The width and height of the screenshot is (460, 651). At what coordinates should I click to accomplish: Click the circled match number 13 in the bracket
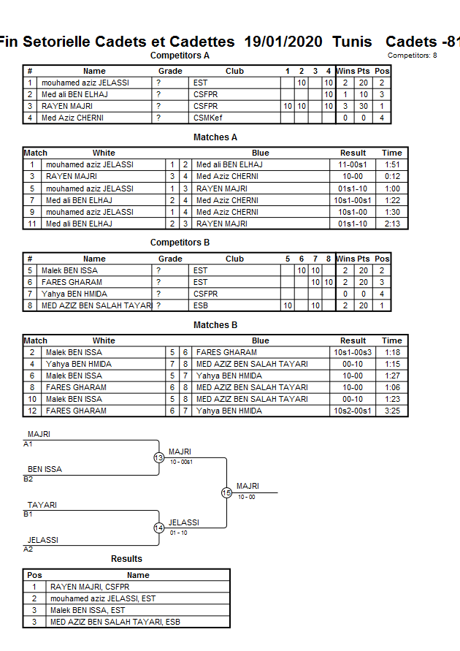(158, 457)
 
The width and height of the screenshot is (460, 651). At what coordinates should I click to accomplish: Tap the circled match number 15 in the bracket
(226, 492)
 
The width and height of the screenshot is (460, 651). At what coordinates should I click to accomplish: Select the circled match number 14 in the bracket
(158, 528)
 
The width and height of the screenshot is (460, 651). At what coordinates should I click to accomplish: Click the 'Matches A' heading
(215, 137)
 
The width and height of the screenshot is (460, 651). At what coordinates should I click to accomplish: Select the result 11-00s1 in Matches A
(353, 165)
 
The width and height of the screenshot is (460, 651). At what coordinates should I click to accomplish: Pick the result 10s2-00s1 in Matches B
(353, 411)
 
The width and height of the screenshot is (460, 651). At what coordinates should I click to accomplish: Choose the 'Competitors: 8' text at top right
(413, 56)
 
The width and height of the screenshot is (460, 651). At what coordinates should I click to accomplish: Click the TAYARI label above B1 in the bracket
(42, 505)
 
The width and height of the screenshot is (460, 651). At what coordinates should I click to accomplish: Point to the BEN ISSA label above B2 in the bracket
(45, 469)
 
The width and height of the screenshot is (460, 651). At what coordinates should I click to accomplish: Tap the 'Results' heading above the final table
(126, 559)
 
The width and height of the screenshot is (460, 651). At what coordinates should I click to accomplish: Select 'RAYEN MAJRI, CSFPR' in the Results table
(90, 587)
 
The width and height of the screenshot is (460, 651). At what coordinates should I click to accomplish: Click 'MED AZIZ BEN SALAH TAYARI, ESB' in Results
(115, 622)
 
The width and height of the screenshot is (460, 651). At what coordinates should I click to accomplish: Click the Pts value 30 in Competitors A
(363, 106)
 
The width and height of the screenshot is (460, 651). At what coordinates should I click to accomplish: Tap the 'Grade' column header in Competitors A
(170, 72)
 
